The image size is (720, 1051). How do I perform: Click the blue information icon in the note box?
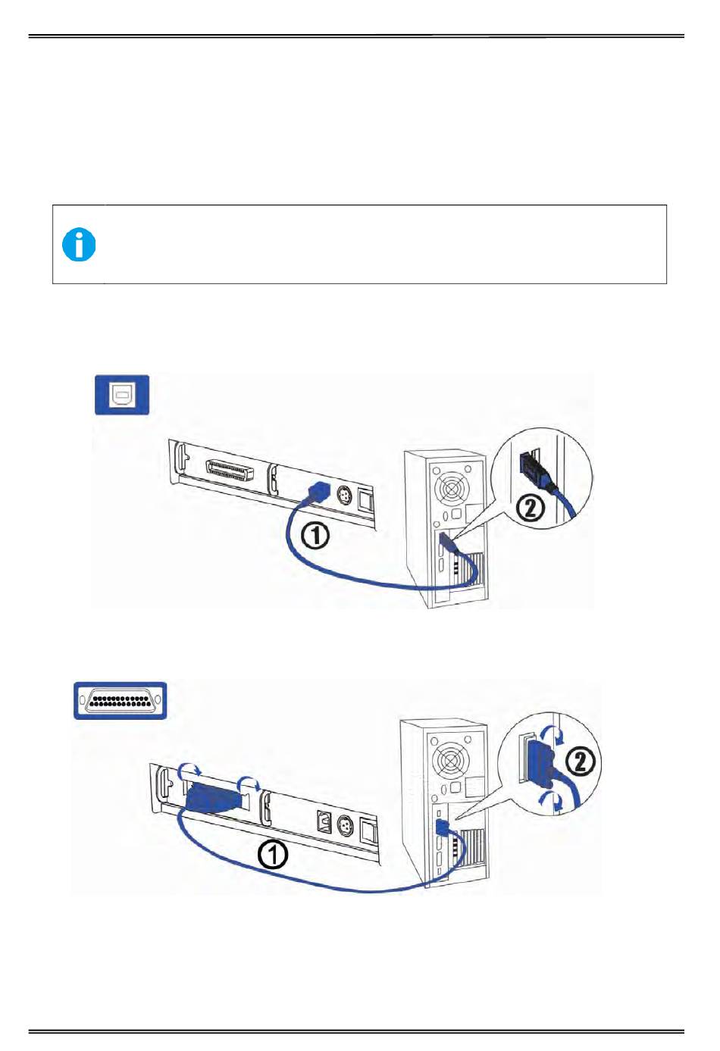pos(79,245)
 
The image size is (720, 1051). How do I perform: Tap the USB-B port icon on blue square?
pos(121,395)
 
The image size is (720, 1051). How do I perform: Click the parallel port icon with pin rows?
pos(120,700)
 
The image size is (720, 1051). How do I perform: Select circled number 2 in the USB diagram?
pos(531,507)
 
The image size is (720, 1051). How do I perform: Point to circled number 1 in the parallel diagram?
pos(273,856)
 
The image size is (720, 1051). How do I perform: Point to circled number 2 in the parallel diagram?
pos(581,761)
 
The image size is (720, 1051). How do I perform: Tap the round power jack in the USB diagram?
pos(343,498)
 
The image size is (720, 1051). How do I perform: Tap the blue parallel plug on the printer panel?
pos(210,798)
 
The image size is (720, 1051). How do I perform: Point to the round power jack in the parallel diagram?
pos(345,824)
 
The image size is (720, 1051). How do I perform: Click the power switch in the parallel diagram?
pos(369,832)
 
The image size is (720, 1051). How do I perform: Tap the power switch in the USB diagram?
pos(367,501)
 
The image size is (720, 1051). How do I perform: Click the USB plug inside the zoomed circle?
pos(534,470)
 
